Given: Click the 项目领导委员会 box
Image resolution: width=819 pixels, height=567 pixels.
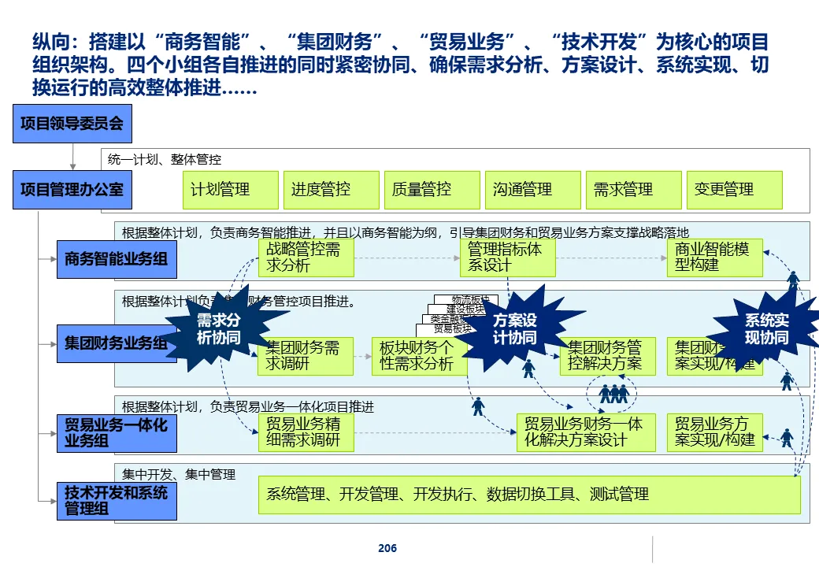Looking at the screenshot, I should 72,124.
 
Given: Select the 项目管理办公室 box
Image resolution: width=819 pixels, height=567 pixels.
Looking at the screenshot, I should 72,189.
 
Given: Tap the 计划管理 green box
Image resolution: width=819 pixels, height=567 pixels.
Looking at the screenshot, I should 230,190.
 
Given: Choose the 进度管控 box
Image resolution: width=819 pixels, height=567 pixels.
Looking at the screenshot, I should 331,190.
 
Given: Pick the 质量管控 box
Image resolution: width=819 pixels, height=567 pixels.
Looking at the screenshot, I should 432,190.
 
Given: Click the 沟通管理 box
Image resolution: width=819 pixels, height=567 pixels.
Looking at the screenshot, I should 532,190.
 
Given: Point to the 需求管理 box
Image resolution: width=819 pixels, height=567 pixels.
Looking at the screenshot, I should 633,190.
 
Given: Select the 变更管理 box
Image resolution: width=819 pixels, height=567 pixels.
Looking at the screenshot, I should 734,190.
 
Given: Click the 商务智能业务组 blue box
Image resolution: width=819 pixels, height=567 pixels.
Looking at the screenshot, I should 116,258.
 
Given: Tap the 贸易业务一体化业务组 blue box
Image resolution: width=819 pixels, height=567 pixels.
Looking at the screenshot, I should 116,432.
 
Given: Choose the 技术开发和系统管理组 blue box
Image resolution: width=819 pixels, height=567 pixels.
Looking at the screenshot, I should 116,500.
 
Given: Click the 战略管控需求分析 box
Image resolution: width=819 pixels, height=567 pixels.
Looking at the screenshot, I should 306,258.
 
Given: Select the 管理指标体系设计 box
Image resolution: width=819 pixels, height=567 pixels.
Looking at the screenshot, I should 508,258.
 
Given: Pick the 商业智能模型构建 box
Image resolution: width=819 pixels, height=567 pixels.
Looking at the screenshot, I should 715,258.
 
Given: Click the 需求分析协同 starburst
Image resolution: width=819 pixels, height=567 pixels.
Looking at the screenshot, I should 217,330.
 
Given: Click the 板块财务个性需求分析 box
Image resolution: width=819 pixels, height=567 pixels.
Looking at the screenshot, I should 419,356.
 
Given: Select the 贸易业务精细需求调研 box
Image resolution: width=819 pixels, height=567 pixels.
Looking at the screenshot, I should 306,432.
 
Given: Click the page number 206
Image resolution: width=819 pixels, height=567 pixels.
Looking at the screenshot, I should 387,548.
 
